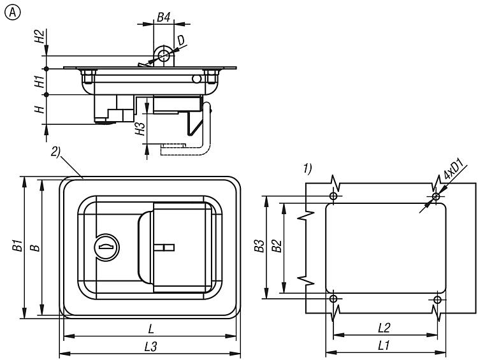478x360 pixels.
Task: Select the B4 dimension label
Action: click(164, 18)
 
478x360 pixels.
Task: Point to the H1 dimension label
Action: click(40, 81)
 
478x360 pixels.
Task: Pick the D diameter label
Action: click(182, 41)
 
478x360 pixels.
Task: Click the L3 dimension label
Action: click(150, 346)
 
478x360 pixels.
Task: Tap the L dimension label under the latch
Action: click(150, 329)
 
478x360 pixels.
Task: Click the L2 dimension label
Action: click(384, 328)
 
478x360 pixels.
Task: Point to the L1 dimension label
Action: click(384, 345)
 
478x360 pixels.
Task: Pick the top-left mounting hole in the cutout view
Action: click(333, 196)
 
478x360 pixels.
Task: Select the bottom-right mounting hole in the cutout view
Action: click(437, 299)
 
